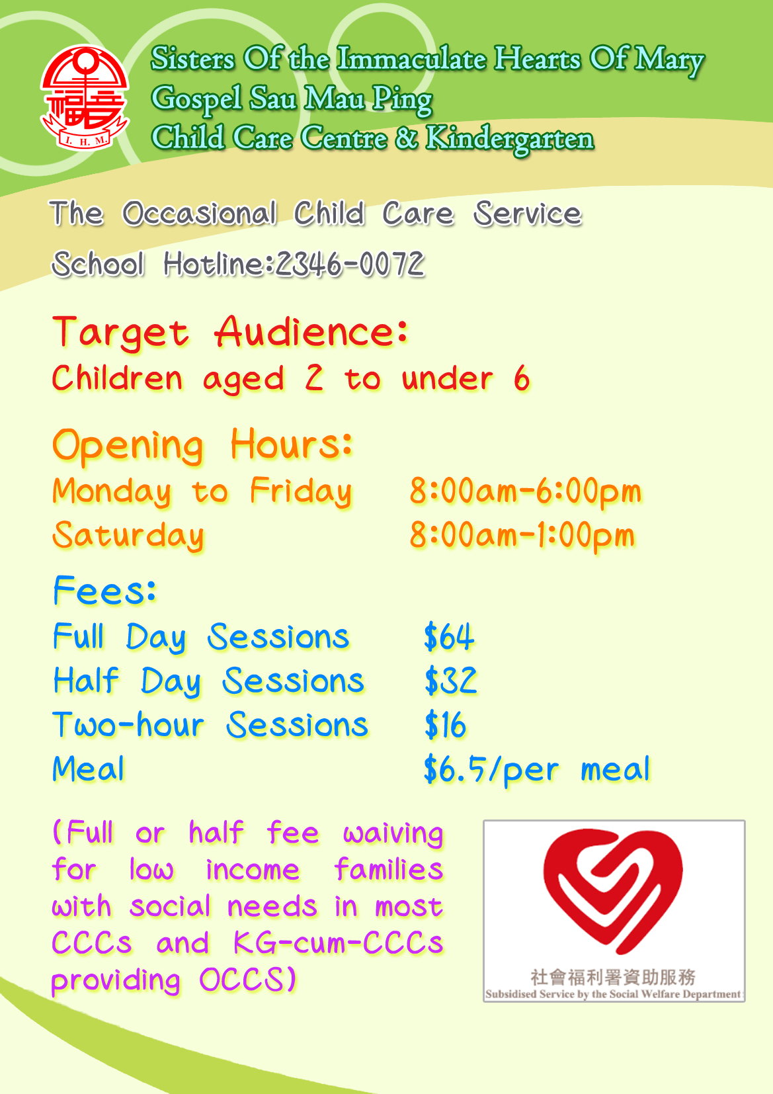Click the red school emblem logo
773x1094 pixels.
pos(85,98)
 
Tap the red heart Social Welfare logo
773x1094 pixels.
pos(613,890)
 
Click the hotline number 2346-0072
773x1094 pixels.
pos(350,264)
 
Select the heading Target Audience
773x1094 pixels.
pos(230,332)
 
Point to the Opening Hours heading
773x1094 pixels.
pos(202,446)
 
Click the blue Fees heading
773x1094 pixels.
pos(104,590)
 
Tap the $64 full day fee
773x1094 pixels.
pos(449,637)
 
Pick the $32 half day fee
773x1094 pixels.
pos(450,681)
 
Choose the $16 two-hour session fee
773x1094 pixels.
pos(445,725)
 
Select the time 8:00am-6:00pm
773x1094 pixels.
pos(525,491)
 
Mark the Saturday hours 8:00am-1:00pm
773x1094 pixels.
pos(522,536)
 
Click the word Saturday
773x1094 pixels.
pos(128,536)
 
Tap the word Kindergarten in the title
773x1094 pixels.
pos(509,138)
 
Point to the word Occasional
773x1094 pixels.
pos(200,214)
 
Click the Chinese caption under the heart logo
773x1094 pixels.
pos(613,978)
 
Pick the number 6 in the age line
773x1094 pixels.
pos(522,378)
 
